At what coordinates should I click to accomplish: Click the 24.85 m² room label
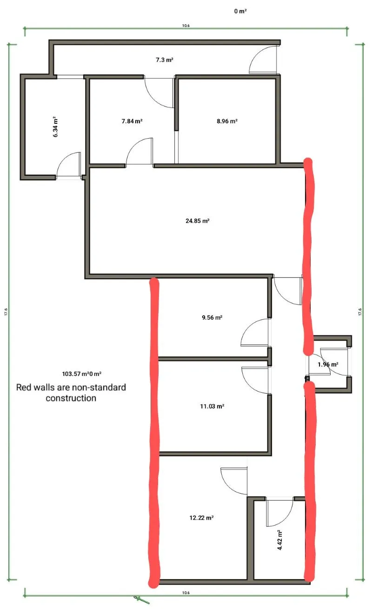click(197, 221)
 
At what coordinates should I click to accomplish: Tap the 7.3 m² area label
click(165, 60)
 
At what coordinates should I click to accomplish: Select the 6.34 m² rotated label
click(55, 127)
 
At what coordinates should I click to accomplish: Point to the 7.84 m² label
click(132, 121)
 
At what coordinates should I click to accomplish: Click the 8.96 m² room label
click(227, 121)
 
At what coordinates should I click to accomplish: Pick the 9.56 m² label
click(212, 318)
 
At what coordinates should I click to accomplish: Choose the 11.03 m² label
click(212, 407)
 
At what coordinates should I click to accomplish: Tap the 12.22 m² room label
click(201, 518)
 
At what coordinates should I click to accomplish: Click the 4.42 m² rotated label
click(279, 540)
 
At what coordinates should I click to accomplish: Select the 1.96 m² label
click(328, 365)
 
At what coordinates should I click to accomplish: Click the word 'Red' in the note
click(24, 388)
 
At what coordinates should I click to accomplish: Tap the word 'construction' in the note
click(71, 398)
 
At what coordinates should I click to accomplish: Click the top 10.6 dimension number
click(186, 26)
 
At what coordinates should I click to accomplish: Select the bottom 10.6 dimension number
click(186, 593)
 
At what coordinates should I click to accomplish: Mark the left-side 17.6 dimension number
click(6, 312)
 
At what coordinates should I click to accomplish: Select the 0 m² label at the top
click(240, 11)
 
